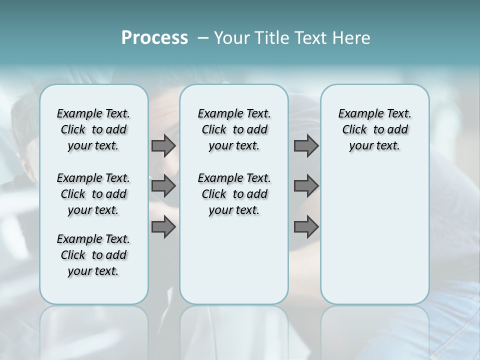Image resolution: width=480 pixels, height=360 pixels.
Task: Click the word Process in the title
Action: [154, 38]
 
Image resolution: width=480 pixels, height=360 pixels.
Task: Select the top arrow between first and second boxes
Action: [163, 145]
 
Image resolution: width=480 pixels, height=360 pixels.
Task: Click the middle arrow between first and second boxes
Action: [163, 186]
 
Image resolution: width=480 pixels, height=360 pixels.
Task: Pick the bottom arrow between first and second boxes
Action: [163, 227]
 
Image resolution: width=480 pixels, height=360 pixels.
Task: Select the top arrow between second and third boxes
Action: [306, 145]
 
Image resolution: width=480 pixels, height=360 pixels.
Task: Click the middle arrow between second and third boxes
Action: [306, 186]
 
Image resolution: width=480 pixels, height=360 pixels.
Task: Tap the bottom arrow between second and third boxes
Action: [306, 227]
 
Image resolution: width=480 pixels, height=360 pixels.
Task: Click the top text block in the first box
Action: [93, 129]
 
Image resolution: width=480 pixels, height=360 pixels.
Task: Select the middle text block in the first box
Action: [93, 194]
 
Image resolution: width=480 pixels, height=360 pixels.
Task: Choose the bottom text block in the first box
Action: [93, 255]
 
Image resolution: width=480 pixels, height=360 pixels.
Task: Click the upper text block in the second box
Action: [234, 129]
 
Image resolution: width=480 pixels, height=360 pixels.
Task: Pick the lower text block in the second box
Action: [234, 194]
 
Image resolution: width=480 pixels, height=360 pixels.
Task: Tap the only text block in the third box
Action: [374, 129]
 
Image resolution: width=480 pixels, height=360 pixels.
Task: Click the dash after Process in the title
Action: [203, 38]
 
